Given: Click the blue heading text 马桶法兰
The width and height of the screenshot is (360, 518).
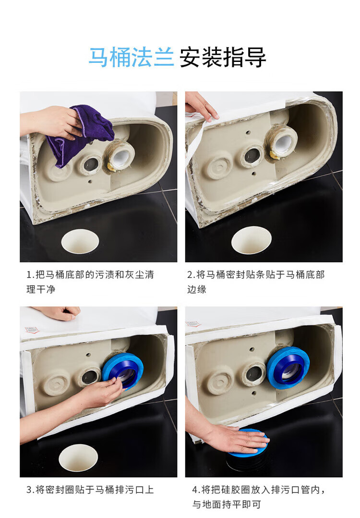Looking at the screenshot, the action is (132, 58).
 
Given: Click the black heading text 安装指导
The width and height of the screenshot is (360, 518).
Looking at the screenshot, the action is (223, 58).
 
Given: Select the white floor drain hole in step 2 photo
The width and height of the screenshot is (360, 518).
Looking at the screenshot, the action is (252, 240).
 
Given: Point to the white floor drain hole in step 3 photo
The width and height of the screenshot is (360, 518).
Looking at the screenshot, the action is (78, 458).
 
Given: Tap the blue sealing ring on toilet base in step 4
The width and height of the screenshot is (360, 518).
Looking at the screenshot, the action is (288, 367).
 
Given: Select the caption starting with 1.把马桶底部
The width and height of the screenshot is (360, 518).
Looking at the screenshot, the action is (90, 282).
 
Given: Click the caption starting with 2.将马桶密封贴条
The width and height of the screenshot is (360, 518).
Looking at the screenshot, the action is (256, 282).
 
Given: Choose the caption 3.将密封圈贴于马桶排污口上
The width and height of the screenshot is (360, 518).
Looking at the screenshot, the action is (90, 490).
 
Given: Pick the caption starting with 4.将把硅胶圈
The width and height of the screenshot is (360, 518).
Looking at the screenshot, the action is (259, 496).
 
